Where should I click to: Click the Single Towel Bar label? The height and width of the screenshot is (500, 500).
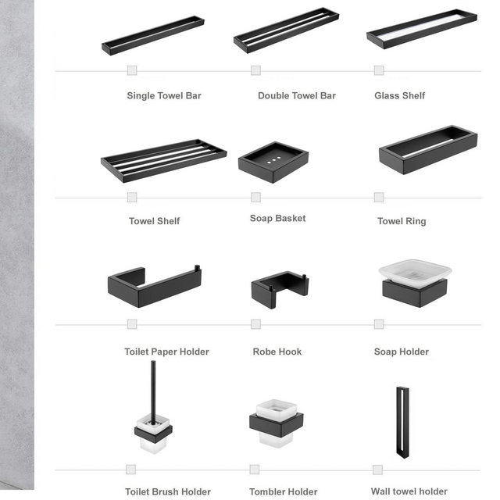coord(164,96)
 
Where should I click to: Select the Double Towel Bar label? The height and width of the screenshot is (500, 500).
coord(297,96)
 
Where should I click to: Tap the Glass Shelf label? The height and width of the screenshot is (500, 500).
coord(400,96)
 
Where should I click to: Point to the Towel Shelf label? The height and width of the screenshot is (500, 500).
coord(155,221)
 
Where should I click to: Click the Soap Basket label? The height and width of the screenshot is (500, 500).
coord(278,219)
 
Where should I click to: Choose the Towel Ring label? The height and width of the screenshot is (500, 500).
coord(402,221)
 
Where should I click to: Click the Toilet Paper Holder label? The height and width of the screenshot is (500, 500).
coord(167,352)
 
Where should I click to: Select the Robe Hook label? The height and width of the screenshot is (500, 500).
coord(277,352)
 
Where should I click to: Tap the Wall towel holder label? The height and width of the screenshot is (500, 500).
coord(409,491)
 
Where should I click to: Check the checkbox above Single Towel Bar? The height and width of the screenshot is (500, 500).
coord(132,70)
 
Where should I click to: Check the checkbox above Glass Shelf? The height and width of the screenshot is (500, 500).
coord(379,70)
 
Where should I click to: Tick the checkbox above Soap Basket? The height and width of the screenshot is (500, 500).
coord(255,197)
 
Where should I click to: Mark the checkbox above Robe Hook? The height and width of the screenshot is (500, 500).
coord(255,323)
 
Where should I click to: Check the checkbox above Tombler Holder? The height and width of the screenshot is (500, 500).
coord(254,469)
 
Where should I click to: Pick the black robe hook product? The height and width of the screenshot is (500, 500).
coord(277,289)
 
